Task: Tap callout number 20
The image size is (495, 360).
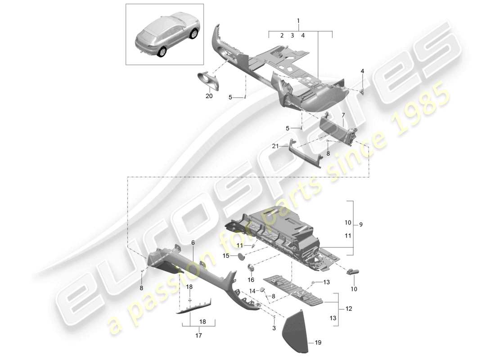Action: coord(208,96)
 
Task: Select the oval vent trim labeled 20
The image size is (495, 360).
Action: coord(209,81)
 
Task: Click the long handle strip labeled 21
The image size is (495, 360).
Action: coord(306,155)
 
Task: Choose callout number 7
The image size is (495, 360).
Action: coord(343,115)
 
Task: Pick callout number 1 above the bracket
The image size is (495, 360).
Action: coord(298,21)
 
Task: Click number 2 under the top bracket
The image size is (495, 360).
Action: coord(282,35)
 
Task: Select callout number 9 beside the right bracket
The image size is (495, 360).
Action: coord(360,224)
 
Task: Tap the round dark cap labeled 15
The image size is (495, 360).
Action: coord(241,256)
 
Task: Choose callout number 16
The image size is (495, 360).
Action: coord(250,279)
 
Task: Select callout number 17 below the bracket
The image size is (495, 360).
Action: coord(199,335)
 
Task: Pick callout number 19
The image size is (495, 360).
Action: coord(319,342)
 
